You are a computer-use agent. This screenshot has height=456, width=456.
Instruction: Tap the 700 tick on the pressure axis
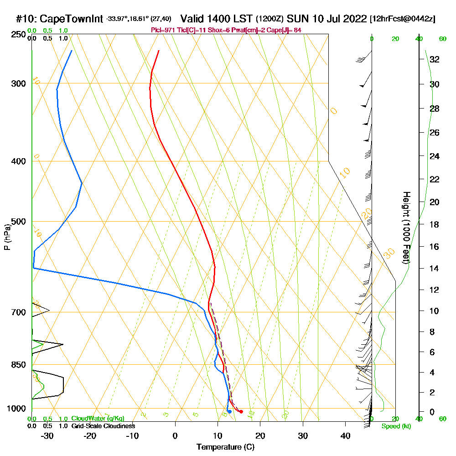pyautogui.click(x=19, y=312)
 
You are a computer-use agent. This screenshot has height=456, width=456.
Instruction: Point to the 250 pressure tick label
pyautogui.click(x=19, y=34)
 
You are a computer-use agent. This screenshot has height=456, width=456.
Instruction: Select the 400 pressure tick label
pyautogui.click(x=19, y=161)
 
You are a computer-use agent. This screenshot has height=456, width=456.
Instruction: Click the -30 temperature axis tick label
pyautogui.click(x=47, y=435)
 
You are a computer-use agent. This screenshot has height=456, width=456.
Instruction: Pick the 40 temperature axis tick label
pyautogui.click(x=345, y=435)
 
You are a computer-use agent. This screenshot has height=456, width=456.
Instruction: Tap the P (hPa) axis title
pyautogui.click(x=7, y=237)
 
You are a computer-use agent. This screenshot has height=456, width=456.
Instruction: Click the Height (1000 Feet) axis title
pyautogui.click(x=405, y=228)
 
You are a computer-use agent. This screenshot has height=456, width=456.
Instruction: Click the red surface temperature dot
pyautogui.click(x=241, y=412)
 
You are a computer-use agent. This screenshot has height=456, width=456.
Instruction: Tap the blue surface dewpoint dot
pyautogui.click(x=229, y=412)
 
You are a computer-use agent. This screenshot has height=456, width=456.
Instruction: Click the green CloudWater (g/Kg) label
pyautogui.click(x=98, y=419)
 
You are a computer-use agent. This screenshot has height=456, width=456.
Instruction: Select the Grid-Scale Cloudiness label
pyautogui.click(x=103, y=426)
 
